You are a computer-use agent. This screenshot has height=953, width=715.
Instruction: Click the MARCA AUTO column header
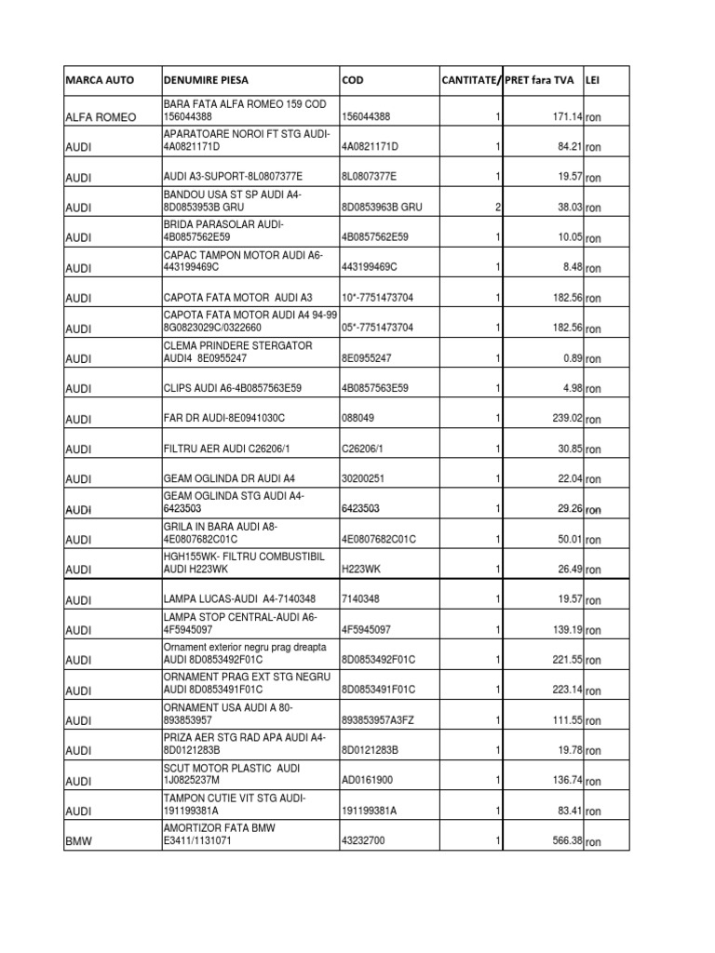point(101,80)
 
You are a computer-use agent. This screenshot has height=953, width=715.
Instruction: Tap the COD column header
point(353,80)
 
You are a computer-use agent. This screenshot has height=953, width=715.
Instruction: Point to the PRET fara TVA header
point(540,80)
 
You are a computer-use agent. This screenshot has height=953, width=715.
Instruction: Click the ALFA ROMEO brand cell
point(101,117)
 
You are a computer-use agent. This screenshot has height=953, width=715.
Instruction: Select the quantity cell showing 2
point(498,208)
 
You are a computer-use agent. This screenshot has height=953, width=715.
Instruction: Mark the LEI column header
point(592,80)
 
